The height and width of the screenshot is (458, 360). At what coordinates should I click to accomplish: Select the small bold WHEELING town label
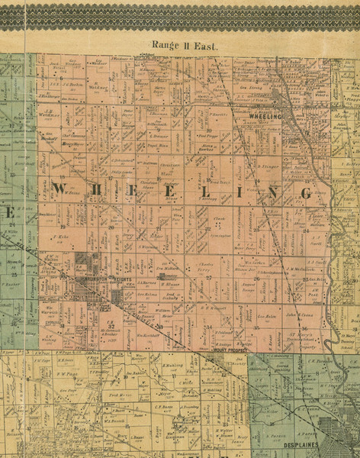point(265,116)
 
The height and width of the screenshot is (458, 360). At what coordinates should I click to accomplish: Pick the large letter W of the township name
point(62,189)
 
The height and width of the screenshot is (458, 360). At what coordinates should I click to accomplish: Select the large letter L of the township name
point(221,191)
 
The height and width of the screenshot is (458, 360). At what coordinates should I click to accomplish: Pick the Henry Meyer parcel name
point(71,144)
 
